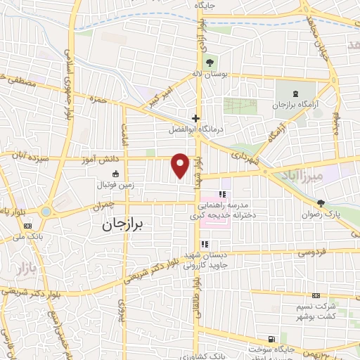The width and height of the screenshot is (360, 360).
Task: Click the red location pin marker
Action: (181, 165)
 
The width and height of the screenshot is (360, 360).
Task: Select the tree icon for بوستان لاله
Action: (210, 63)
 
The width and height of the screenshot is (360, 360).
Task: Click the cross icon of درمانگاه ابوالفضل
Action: (195, 118)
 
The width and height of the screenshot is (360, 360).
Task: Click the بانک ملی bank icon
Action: (27, 226)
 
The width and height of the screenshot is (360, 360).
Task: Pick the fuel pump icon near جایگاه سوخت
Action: (272, 338)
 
